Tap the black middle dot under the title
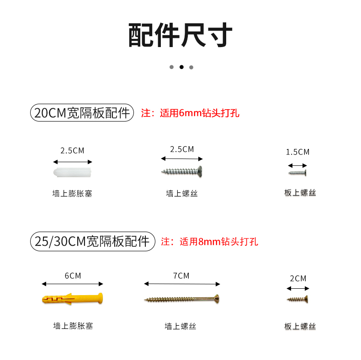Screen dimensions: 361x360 (x=181, y=67)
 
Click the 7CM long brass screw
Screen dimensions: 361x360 (x=182, y=299)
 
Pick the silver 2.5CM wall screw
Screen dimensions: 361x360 (x=182, y=171)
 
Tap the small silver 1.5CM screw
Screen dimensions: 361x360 (x=297, y=172)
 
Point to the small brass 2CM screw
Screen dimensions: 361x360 (x=297, y=299)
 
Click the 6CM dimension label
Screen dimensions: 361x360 (x=73, y=275)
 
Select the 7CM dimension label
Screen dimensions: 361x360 (x=181, y=275)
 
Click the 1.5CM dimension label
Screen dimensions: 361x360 (x=297, y=152)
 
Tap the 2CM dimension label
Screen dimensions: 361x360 (x=298, y=278)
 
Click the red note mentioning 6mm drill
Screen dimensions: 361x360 (x=190, y=113)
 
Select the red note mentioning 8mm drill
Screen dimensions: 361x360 (x=209, y=242)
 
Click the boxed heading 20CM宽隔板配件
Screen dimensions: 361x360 (x=82, y=113)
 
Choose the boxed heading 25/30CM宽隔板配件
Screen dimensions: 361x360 (x=92, y=241)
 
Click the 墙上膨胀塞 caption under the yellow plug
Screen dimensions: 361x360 (x=73, y=326)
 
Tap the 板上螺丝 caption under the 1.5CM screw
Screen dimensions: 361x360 (x=300, y=193)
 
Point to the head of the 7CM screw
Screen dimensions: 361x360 (x=217, y=299)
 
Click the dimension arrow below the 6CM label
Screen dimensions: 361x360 (x=72, y=284)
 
